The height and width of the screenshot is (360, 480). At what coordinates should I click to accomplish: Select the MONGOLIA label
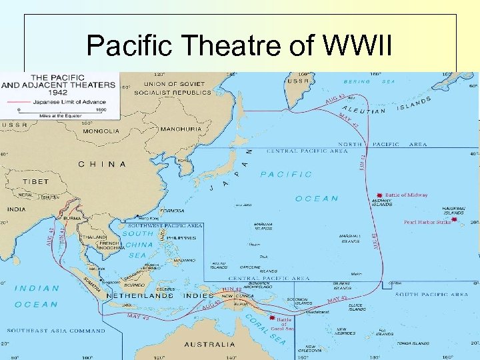(101, 131)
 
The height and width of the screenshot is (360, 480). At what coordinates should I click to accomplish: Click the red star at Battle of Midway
(379, 189)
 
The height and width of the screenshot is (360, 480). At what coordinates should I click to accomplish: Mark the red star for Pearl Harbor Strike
(455, 219)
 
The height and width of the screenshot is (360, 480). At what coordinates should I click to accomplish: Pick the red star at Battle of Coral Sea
(271, 318)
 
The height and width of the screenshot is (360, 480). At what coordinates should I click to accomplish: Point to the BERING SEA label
(366, 81)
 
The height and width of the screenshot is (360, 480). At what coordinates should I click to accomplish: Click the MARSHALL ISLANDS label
(350, 239)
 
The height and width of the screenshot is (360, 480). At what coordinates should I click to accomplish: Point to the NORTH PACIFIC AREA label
(382, 144)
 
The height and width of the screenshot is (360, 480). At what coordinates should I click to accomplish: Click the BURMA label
(71, 219)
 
